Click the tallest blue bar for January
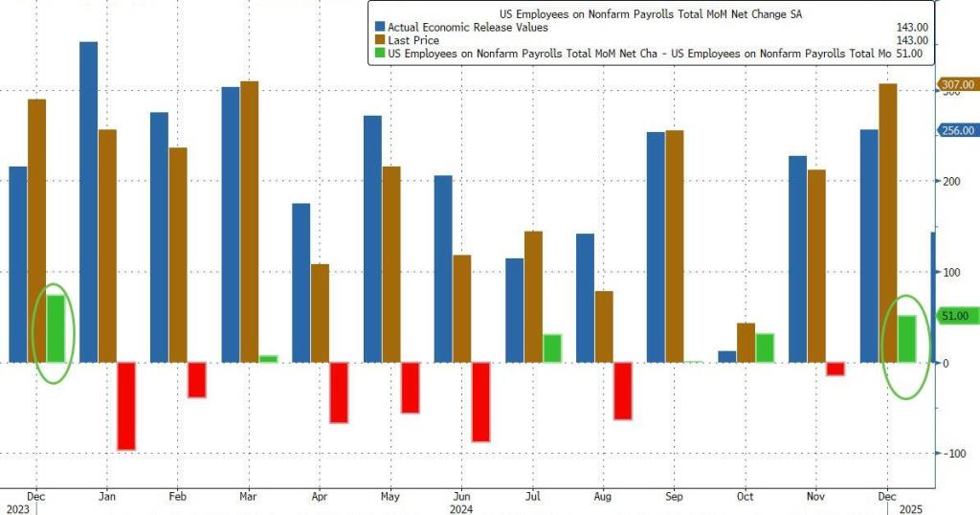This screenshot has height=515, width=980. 88,202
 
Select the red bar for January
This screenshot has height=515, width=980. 126,406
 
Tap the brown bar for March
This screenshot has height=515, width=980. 250,221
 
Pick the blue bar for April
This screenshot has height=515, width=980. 301,282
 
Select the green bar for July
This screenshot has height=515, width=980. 552,348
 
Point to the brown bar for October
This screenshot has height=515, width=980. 746,343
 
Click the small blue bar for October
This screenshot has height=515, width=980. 727,356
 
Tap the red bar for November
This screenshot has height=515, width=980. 835,369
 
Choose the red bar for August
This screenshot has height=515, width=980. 623,391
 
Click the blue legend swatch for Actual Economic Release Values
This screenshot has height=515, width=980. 380,27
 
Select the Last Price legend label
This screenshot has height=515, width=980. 413,40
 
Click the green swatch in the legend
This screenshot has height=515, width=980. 380,54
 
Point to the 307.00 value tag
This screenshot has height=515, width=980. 957,84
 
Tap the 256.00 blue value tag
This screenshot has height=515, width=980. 957,130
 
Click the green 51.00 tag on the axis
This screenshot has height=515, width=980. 957,316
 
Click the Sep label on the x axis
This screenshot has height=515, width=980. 674,498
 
